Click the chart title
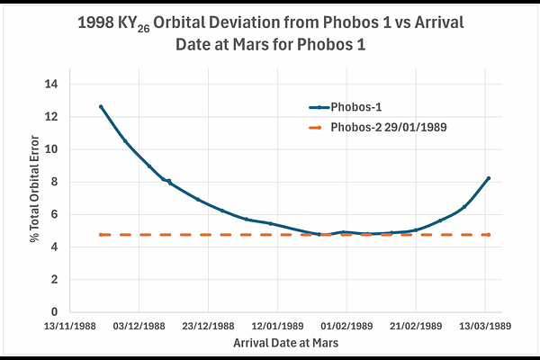tap(270, 33)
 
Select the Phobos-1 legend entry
tap(346, 107)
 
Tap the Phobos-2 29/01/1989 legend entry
tap(378, 128)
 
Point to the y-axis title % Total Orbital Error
tap(34, 189)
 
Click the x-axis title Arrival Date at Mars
tap(286, 343)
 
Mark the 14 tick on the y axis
tap(51, 84)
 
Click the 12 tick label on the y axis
tap(51, 117)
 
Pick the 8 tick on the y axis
tap(54, 182)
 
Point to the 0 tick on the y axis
tap(54, 312)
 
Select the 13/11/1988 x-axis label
tap(70, 326)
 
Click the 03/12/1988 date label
tap(139, 326)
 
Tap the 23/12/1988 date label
tap(209, 326)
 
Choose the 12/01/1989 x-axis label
tap(277, 326)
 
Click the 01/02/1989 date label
tap(346, 326)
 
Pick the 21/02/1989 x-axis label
tap(416, 326)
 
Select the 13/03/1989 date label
tap(485, 326)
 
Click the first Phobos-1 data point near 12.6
tap(101, 107)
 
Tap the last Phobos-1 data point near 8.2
tap(489, 178)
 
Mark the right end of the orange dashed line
tap(489, 235)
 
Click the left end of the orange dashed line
tap(101, 235)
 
